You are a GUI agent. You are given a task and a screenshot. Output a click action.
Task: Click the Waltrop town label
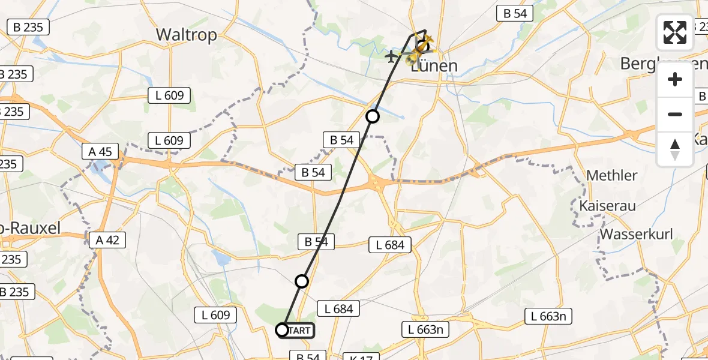186,35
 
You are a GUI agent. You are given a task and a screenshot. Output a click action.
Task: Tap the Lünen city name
434,65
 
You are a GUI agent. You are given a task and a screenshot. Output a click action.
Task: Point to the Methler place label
611,175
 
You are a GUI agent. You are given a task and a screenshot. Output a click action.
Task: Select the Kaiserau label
607,205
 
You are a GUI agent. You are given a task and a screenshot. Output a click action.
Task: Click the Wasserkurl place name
636,234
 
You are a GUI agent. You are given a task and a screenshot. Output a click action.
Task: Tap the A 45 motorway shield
100,152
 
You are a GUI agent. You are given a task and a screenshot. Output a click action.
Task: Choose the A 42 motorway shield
107,240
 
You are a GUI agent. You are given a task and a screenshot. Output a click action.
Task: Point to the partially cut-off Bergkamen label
663,63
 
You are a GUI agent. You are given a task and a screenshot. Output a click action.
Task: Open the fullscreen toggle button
675,32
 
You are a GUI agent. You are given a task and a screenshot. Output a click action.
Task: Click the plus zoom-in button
675,79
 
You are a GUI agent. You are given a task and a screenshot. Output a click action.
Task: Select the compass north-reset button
675,149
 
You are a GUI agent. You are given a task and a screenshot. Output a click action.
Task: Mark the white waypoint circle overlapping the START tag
282,329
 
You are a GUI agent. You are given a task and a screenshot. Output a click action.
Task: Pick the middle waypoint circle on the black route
302,281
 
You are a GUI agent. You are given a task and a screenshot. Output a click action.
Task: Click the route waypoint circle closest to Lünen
373,116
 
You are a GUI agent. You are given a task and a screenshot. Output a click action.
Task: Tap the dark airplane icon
391,56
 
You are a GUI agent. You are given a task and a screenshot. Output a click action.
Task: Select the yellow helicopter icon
414,58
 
